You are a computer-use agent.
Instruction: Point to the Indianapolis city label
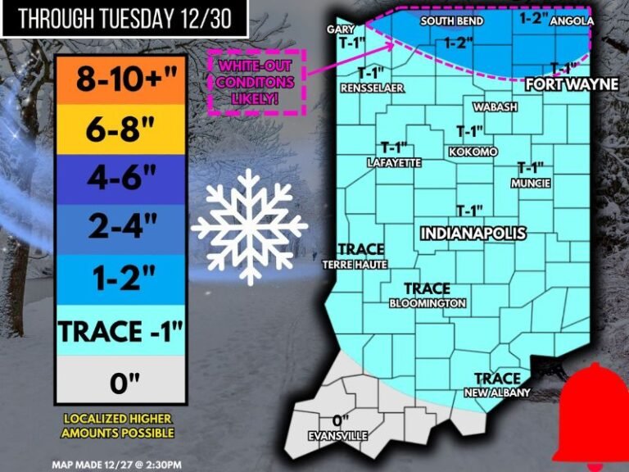click(x=473, y=234)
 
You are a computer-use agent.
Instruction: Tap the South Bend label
click(x=451, y=20)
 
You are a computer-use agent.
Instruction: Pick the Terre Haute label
click(x=355, y=265)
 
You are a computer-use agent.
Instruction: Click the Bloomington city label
click(x=428, y=303)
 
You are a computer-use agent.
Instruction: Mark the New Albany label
click(x=497, y=393)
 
